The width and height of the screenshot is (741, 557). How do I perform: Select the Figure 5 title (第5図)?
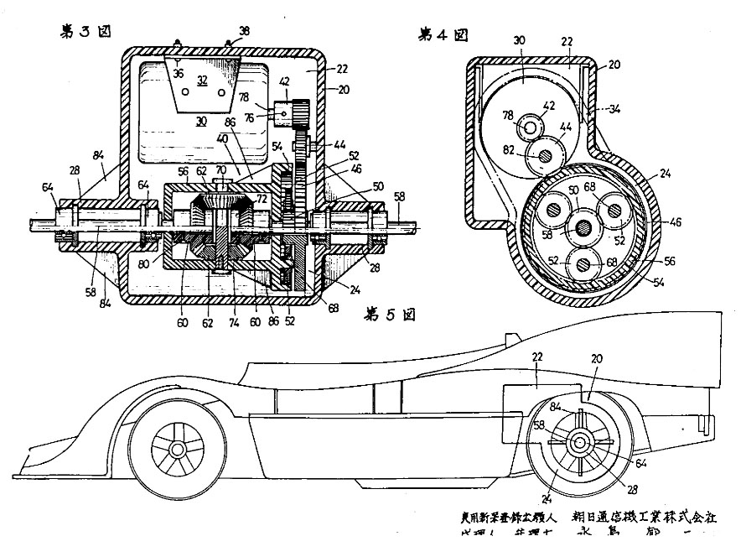tap(391, 315)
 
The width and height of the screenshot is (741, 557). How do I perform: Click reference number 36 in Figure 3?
tap(179, 73)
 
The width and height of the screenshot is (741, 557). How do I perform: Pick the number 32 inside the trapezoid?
tap(202, 81)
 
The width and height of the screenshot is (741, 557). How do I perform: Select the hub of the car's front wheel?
tap(178, 450)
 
